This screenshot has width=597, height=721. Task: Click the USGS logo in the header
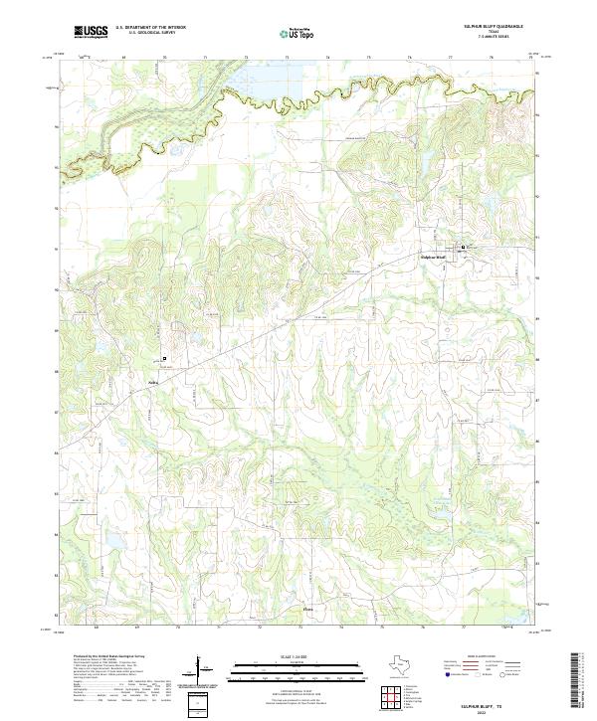[x=91, y=33]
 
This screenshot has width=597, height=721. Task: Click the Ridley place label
[x=154, y=379]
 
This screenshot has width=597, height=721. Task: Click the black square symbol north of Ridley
[x=165, y=358]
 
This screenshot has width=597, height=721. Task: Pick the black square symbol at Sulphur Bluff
[x=461, y=247]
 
